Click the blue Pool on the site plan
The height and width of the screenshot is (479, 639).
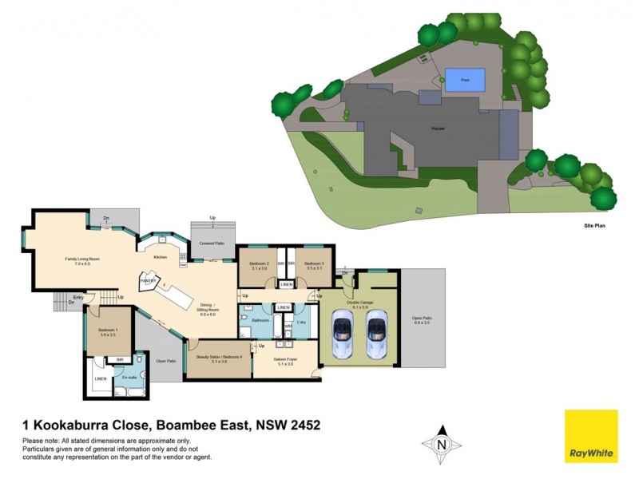pyautogui.click(x=458, y=78)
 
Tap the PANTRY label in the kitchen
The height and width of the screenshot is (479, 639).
pyautogui.click(x=148, y=281)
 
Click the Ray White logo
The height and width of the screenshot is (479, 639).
pyautogui.click(x=591, y=436)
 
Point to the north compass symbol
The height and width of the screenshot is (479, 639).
pyautogui.click(x=441, y=445)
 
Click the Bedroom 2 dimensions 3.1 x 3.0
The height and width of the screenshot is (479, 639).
pyautogui.click(x=259, y=269)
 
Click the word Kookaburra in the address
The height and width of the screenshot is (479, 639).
pyautogui.click(x=89, y=426)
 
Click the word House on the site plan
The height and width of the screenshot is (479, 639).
pyautogui.click(x=438, y=128)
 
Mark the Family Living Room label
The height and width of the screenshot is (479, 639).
pyautogui.click(x=82, y=259)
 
